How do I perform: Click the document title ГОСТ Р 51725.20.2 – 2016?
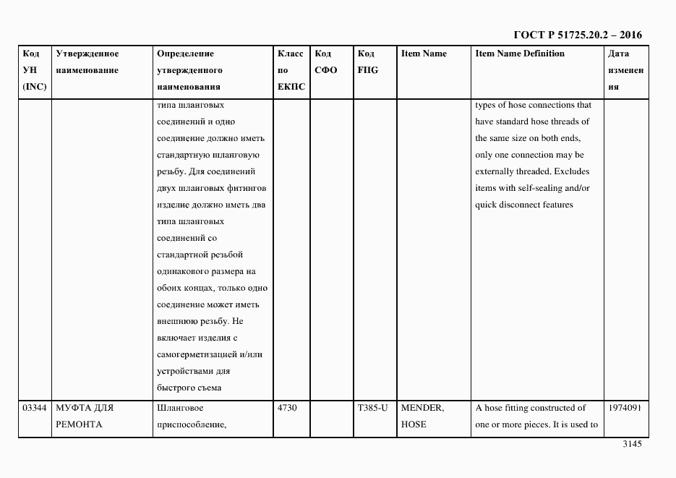(x=577, y=35)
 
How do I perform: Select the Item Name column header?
(x=424, y=54)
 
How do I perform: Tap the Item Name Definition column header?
(x=520, y=54)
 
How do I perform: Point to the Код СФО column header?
(x=325, y=62)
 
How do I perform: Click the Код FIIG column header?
(x=367, y=62)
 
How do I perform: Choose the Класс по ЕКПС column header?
(x=291, y=70)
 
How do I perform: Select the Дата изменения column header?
(x=625, y=70)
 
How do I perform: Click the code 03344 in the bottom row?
(x=34, y=408)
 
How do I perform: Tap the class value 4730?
(x=287, y=408)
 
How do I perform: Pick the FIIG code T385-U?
(x=372, y=408)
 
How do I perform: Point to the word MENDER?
(x=422, y=408)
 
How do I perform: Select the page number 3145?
(x=631, y=444)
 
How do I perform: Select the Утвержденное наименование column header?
(x=87, y=62)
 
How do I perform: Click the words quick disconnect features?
(x=523, y=205)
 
